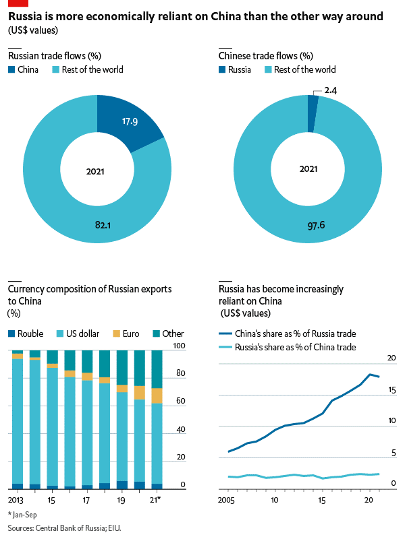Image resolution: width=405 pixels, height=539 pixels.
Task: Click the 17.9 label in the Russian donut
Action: coord(130,122)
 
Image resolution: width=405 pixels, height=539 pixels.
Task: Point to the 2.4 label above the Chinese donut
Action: coord(331,90)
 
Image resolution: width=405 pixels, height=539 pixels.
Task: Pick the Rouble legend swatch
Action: coord(11,334)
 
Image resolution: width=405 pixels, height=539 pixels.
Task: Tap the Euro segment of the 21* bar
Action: coord(157,395)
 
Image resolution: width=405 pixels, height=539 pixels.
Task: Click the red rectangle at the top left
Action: coord(18,3)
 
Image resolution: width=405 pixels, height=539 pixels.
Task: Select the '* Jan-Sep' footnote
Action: coord(23,515)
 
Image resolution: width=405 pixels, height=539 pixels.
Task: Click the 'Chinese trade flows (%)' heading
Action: coord(266,56)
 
